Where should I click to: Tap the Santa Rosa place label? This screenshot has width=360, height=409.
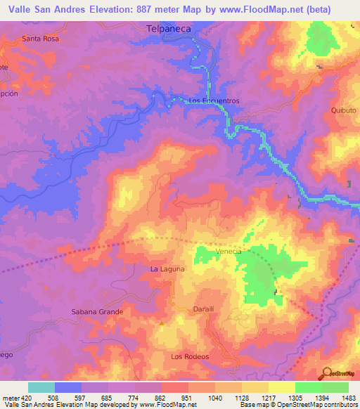point(40,39)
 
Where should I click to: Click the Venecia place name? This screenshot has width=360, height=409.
point(229,252)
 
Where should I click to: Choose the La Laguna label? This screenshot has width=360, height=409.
point(167,269)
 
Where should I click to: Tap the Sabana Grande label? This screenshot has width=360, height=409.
point(97,311)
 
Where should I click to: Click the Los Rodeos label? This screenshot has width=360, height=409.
point(190,357)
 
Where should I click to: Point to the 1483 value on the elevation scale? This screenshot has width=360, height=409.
point(349,398)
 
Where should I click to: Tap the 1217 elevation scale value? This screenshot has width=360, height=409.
point(268,398)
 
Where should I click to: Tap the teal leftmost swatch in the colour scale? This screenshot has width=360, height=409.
point(41,387)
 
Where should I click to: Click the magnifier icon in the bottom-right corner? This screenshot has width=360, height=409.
point(326,372)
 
